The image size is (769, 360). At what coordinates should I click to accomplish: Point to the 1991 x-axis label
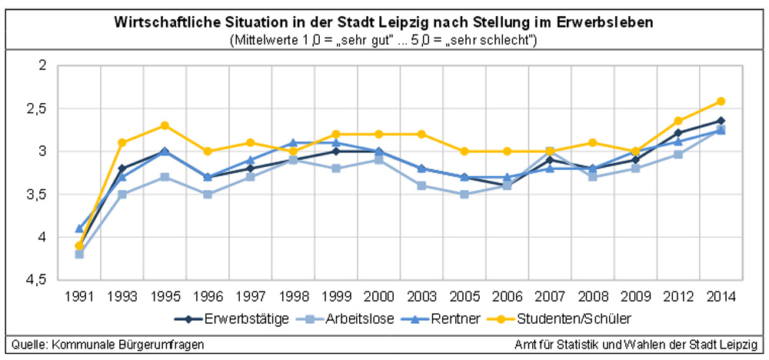pos(80,295)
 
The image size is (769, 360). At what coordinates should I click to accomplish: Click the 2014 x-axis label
pos(721,295)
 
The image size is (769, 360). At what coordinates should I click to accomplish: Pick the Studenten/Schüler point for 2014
pos(721,101)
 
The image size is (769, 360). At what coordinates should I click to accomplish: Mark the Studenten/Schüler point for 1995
pos(165,125)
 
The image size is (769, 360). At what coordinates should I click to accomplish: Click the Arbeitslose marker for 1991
pos(80,254)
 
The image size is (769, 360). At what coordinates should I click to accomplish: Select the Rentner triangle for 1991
pos(80,228)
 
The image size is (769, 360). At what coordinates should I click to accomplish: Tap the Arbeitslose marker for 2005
pos(464,194)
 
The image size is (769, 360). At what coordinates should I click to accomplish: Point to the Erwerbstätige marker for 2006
pos(507,185)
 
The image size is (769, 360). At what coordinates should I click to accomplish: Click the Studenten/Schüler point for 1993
pos(122,142)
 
